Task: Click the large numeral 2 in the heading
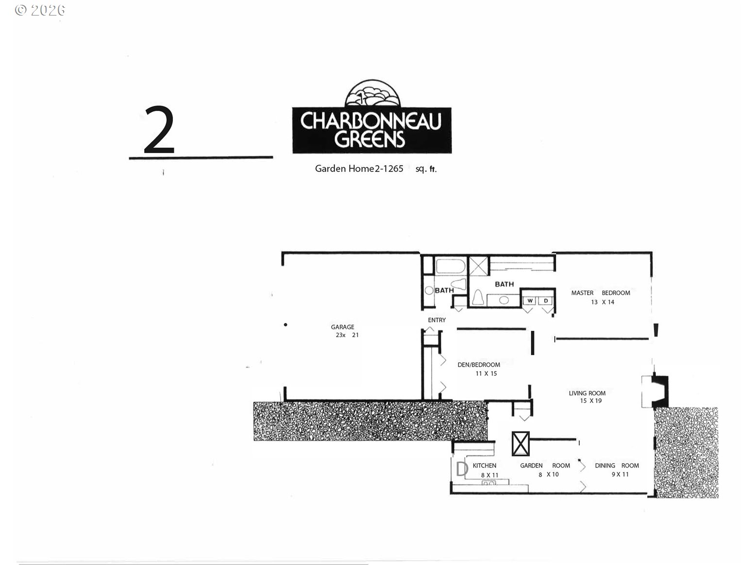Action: [159, 129]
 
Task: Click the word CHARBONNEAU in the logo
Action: [370, 121]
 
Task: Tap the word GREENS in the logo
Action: [369, 139]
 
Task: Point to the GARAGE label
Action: [342, 327]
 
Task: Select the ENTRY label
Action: [436, 320]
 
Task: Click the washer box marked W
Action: [530, 301]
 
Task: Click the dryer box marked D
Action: [546, 301]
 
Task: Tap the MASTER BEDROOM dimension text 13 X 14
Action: [602, 302]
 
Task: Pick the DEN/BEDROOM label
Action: [479, 365]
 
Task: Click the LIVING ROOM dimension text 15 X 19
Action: [591, 401]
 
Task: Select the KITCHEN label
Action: [485, 466]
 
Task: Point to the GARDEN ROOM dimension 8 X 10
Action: [549, 474]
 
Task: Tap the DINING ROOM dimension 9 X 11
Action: [620, 474]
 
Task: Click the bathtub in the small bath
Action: [451, 266]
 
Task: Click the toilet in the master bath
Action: [478, 297]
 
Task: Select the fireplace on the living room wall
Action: [655, 392]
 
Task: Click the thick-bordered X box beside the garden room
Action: [520, 444]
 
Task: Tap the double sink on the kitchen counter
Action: [488, 483]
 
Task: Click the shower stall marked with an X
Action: [479, 266]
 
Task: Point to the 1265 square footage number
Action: [393, 169]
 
